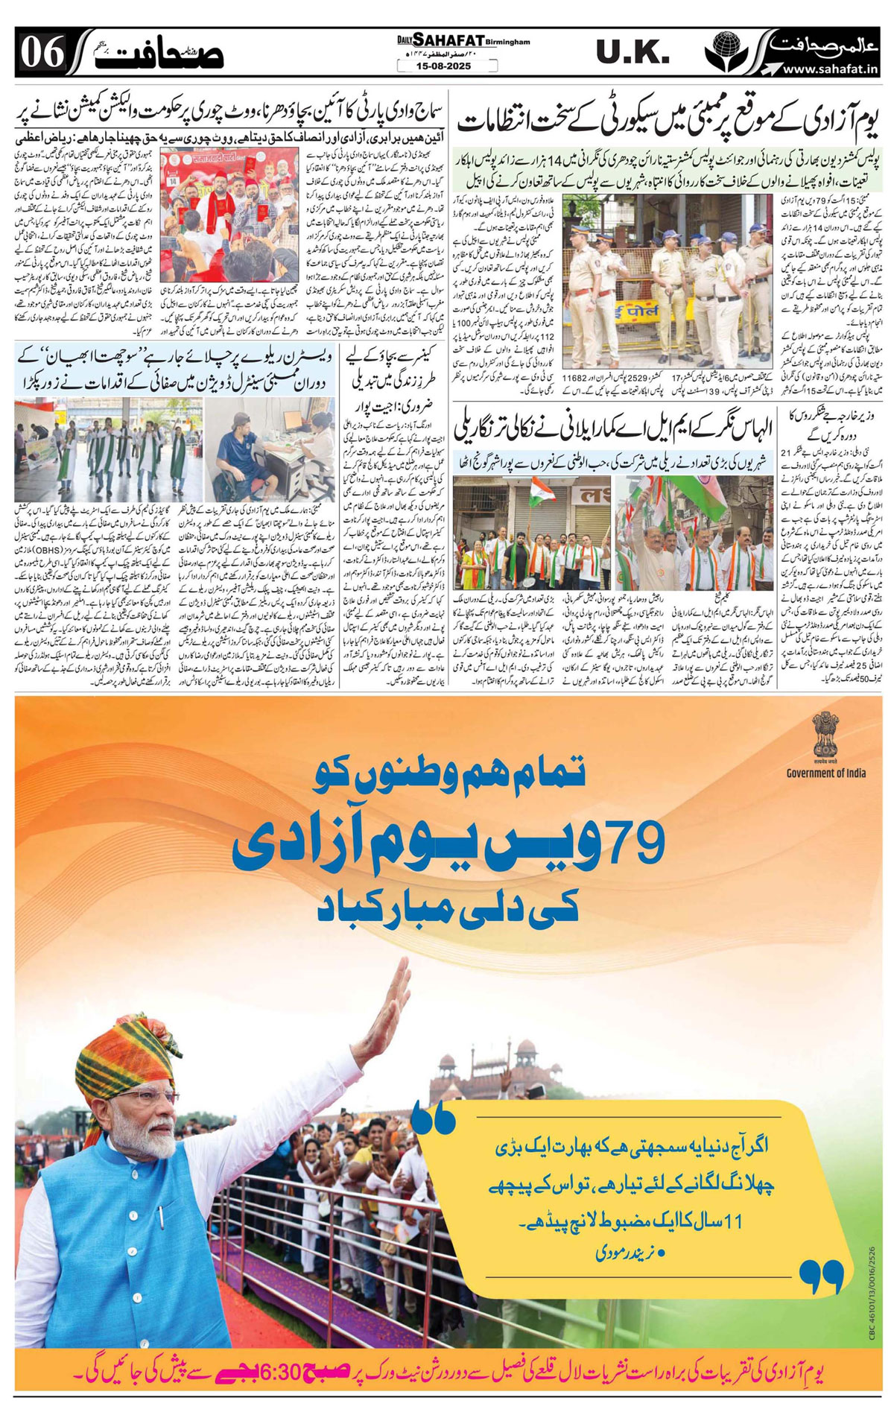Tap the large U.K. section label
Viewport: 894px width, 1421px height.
(x=633, y=52)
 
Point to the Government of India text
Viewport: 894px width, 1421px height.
(x=825, y=773)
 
